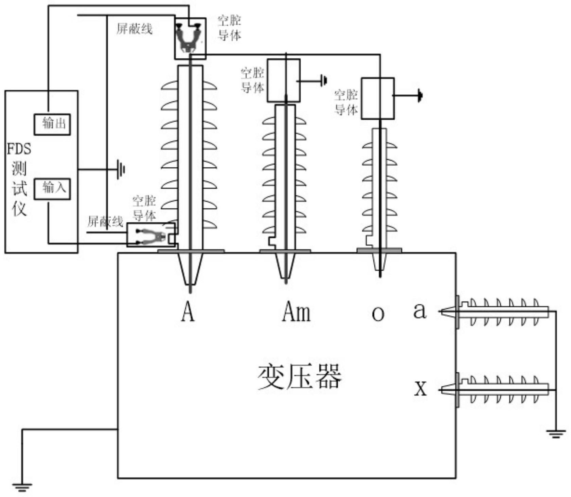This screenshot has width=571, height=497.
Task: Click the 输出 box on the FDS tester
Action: [x=52, y=124]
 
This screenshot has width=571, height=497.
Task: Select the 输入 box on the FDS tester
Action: [x=52, y=189]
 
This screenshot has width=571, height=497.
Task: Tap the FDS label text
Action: [x=19, y=149]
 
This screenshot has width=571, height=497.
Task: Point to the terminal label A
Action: [x=188, y=312]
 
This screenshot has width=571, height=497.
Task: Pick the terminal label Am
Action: [x=296, y=312]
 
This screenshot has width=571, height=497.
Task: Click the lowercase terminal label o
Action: [x=378, y=314]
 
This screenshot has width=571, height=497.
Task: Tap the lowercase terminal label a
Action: [x=420, y=310]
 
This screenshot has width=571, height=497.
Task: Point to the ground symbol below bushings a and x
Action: [x=556, y=434]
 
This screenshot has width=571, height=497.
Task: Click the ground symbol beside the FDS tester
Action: [x=121, y=169]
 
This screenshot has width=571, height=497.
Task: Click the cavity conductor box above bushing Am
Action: [x=284, y=80]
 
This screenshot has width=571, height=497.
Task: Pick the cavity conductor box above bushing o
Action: [x=377, y=98]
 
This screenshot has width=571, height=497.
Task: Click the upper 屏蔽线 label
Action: [x=135, y=29]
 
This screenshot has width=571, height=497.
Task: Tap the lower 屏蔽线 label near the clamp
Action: [x=105, y=222]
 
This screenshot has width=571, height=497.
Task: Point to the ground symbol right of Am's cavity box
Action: [x=324, y=81]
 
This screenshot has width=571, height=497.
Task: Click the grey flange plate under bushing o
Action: [x=379, y=251]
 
